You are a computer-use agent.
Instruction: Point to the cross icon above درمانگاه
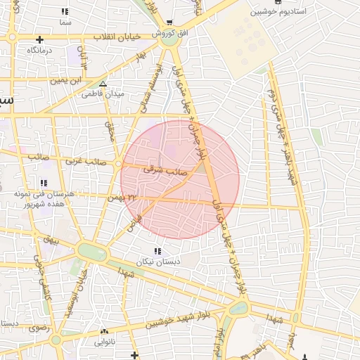point(40,39)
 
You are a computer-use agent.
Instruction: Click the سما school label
point(65,23)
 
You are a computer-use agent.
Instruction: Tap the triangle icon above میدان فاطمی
point(103,84)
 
